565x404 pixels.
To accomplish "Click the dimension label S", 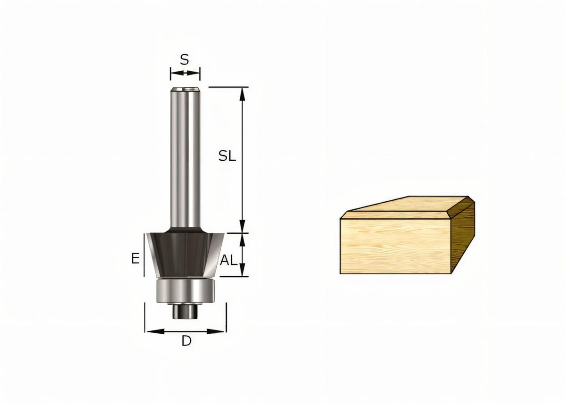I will tap(185, 59).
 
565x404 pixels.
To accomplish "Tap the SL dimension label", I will tap(227, 157).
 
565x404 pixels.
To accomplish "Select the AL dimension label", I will tap(228, 260).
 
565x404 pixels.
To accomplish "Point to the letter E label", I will tap(135, 258).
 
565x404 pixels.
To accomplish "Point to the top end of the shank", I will tap(185, 89).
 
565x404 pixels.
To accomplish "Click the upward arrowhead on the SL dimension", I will tap(242, 93).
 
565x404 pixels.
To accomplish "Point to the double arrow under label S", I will tap(185, 73).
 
